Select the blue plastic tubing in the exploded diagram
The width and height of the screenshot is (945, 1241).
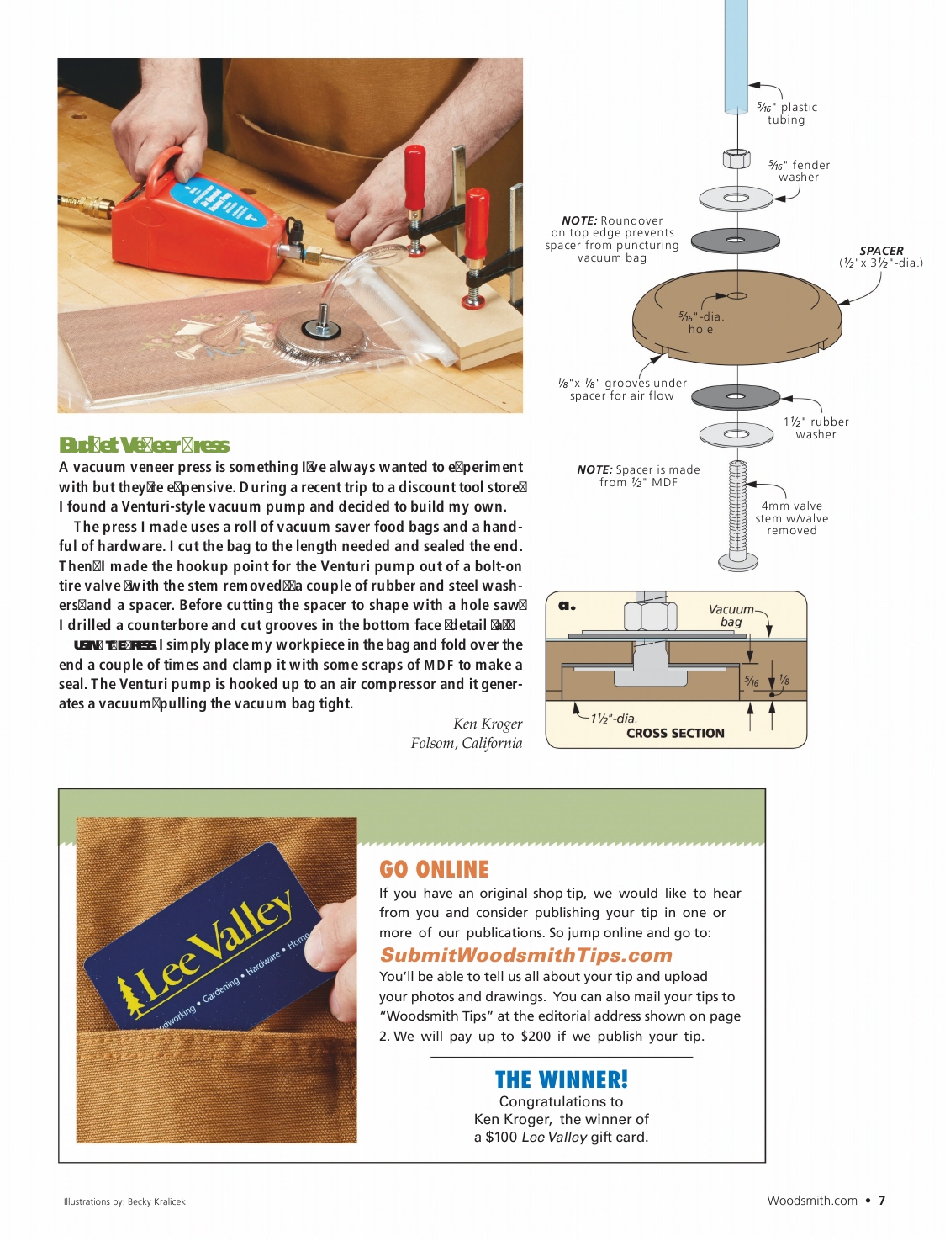point(736,55)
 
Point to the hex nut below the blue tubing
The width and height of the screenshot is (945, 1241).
point(736,158)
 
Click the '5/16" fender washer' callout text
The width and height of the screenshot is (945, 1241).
point(799,171)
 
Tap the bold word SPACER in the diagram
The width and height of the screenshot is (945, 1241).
point(881,251)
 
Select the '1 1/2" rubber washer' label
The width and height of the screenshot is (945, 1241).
point(816,427)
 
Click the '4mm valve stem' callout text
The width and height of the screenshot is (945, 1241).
point(791,517)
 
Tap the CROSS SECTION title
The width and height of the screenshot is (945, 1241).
point(675,733)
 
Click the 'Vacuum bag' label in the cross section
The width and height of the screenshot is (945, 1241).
point(731,615)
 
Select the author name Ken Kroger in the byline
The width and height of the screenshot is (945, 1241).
point(488,724)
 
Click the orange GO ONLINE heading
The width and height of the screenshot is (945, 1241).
point(434,869)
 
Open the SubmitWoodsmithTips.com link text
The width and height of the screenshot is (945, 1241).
point(526,955)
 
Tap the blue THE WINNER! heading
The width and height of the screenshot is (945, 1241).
point(561,1079)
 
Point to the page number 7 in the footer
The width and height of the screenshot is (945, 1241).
point(882,1201)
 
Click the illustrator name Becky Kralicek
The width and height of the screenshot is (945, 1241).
point(156,1201)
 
